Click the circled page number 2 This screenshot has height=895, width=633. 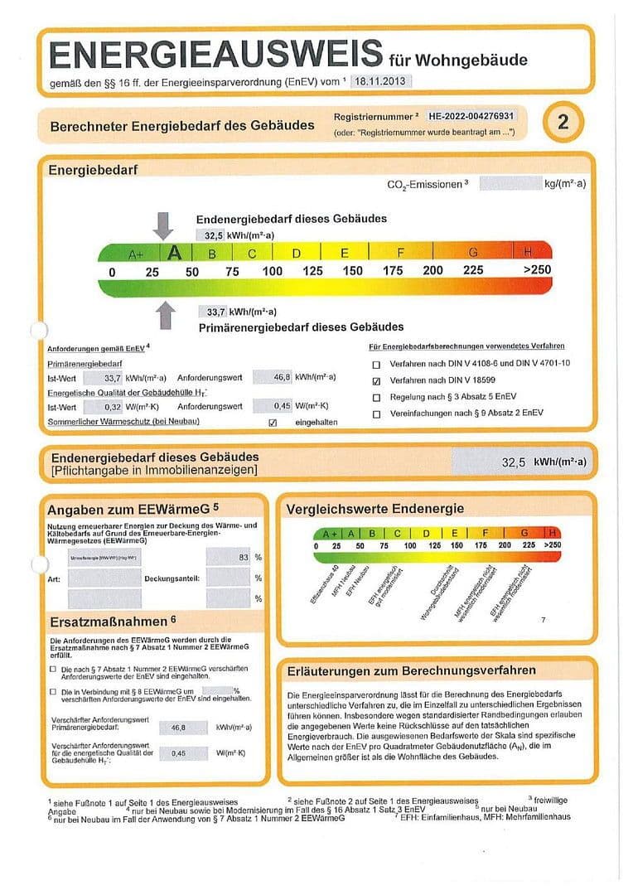(563, 123)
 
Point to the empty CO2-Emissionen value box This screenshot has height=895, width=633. (510, 183)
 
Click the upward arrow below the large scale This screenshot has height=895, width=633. (166, 315)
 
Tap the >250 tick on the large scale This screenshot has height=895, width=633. (537, 271)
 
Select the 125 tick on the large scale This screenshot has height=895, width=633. (312, 271)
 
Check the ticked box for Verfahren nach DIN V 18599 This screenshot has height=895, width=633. (377, 381)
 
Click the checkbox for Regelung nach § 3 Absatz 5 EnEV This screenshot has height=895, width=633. (377, 398)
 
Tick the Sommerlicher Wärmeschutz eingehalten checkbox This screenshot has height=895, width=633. (273, 423)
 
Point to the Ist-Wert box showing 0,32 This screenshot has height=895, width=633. (112, 406)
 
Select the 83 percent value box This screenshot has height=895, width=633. (229, 558)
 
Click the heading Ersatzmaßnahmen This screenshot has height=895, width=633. (112, 620)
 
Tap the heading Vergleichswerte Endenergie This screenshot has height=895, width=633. (374, 509)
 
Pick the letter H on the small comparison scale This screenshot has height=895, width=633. (553, 533)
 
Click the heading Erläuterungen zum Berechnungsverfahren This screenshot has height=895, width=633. (411, 670)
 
